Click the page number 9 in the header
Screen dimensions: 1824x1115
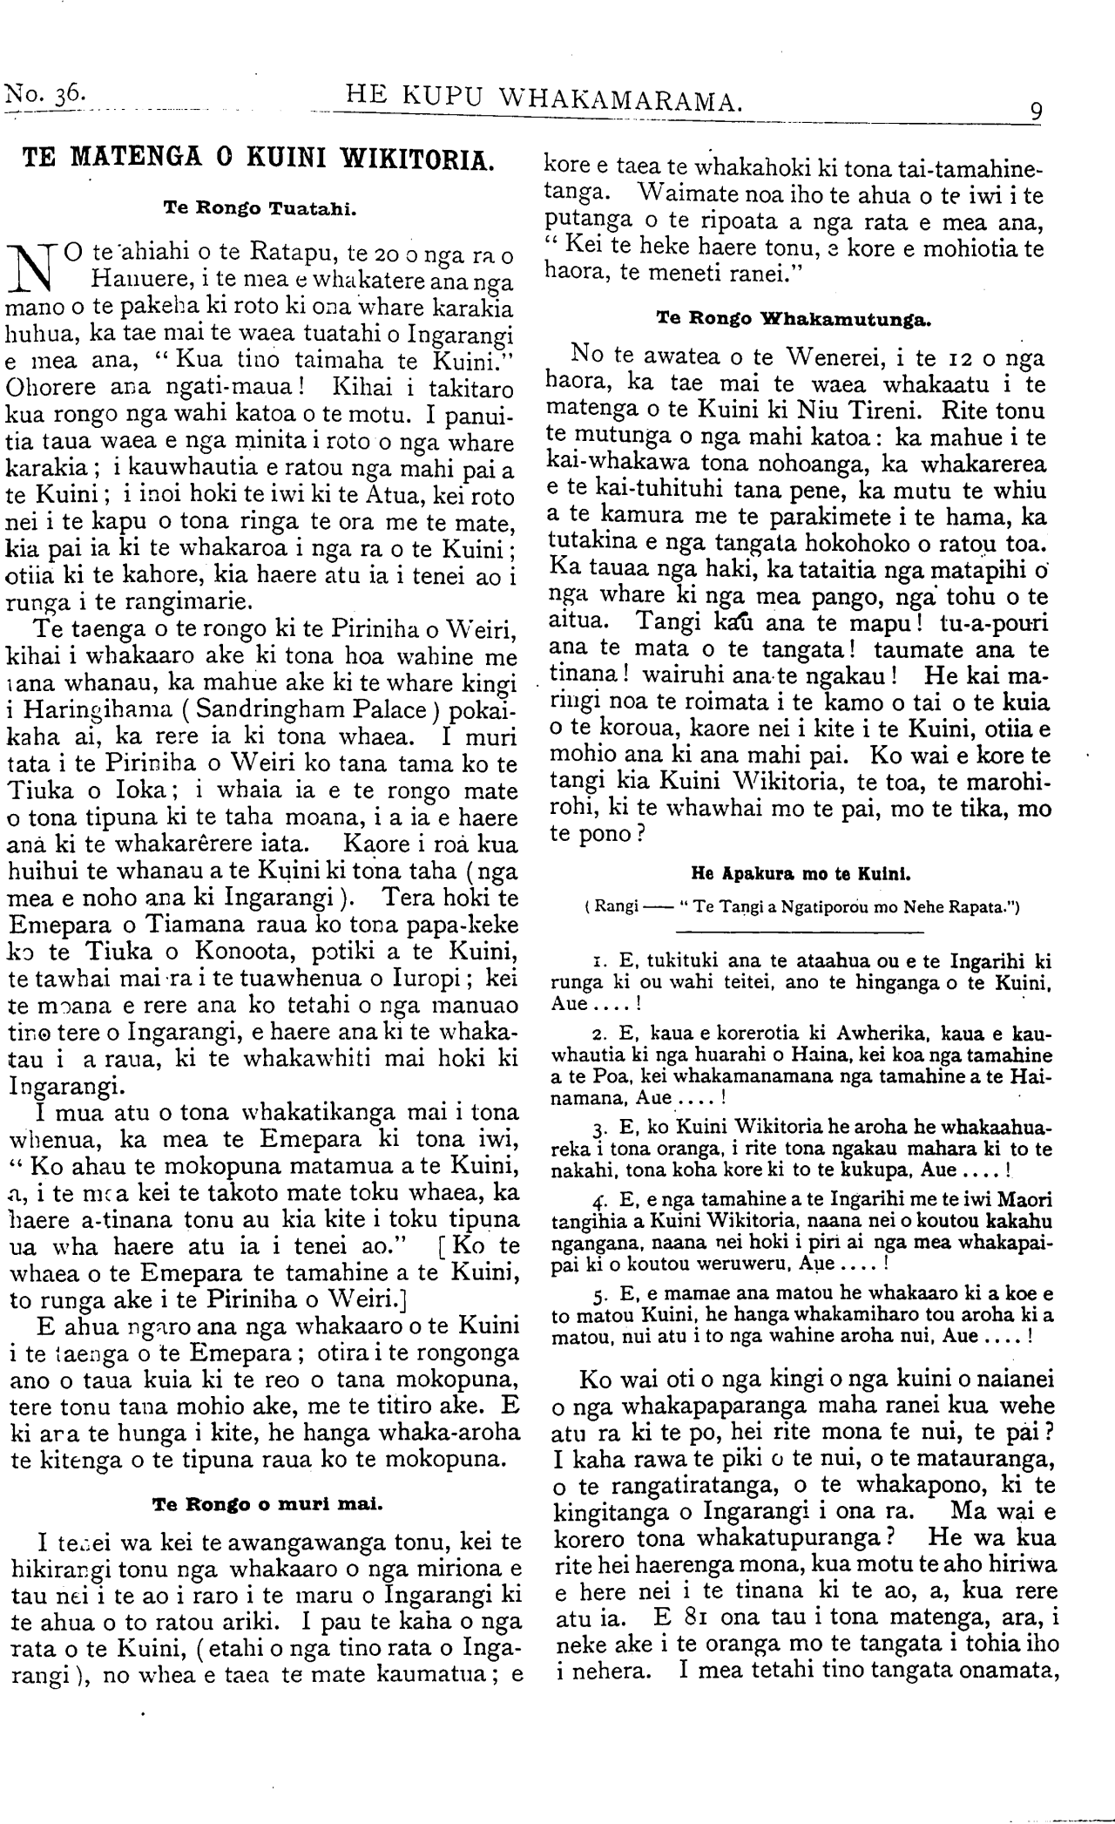[x=1037, y=112]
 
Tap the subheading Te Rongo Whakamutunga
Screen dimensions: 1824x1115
[x=794, y=319]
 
